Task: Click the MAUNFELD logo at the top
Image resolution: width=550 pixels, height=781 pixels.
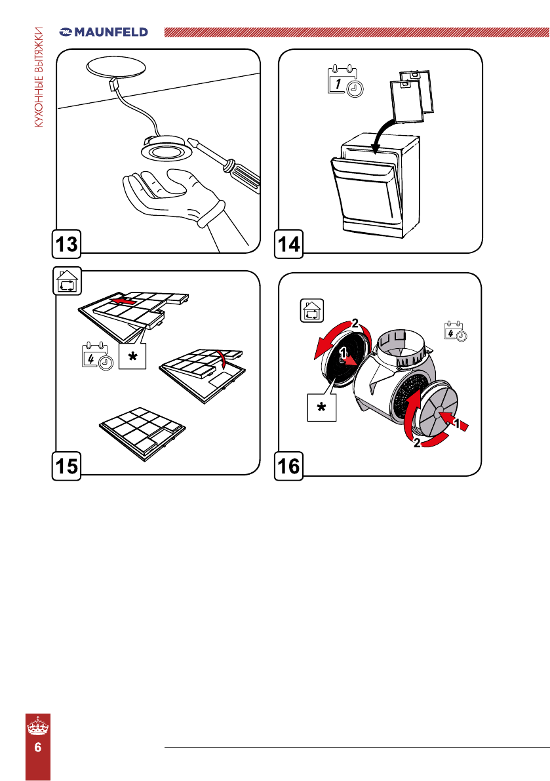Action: [x=104, y=31]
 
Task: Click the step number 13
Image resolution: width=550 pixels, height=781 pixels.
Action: [x=67, y=244]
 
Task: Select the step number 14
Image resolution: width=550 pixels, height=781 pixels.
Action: [x=289, y=244]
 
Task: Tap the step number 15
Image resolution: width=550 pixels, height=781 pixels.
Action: [x=67, y=466]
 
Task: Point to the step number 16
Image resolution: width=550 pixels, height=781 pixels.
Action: [x=289, y=466]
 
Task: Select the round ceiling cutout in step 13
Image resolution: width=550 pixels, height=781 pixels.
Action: [x=117, y=68]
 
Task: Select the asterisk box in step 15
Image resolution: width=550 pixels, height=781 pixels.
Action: [x=132, y=356]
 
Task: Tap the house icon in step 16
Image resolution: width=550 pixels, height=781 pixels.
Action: [x=311, y=311]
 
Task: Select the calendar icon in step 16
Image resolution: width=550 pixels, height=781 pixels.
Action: [x=456, y=330]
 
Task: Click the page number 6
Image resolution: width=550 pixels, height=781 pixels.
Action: [x=38, y=748]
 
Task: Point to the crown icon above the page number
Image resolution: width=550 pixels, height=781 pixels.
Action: [x=38, y=726]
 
